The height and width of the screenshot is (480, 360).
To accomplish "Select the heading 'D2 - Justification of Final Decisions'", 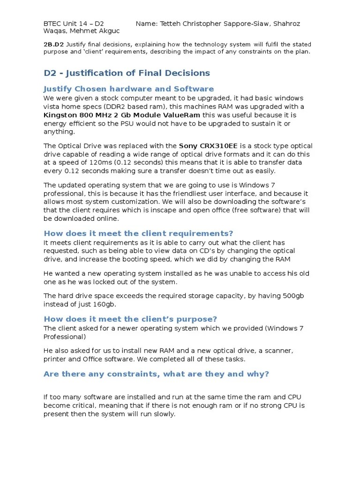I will point(127,73).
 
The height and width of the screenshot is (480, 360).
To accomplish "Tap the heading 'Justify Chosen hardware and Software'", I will point(128,89).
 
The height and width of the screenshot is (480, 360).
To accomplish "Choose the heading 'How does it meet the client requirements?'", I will point(138,233).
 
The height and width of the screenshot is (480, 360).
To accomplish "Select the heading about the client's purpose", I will point(130,319).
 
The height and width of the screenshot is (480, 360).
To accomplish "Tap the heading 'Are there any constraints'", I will point(156,374).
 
